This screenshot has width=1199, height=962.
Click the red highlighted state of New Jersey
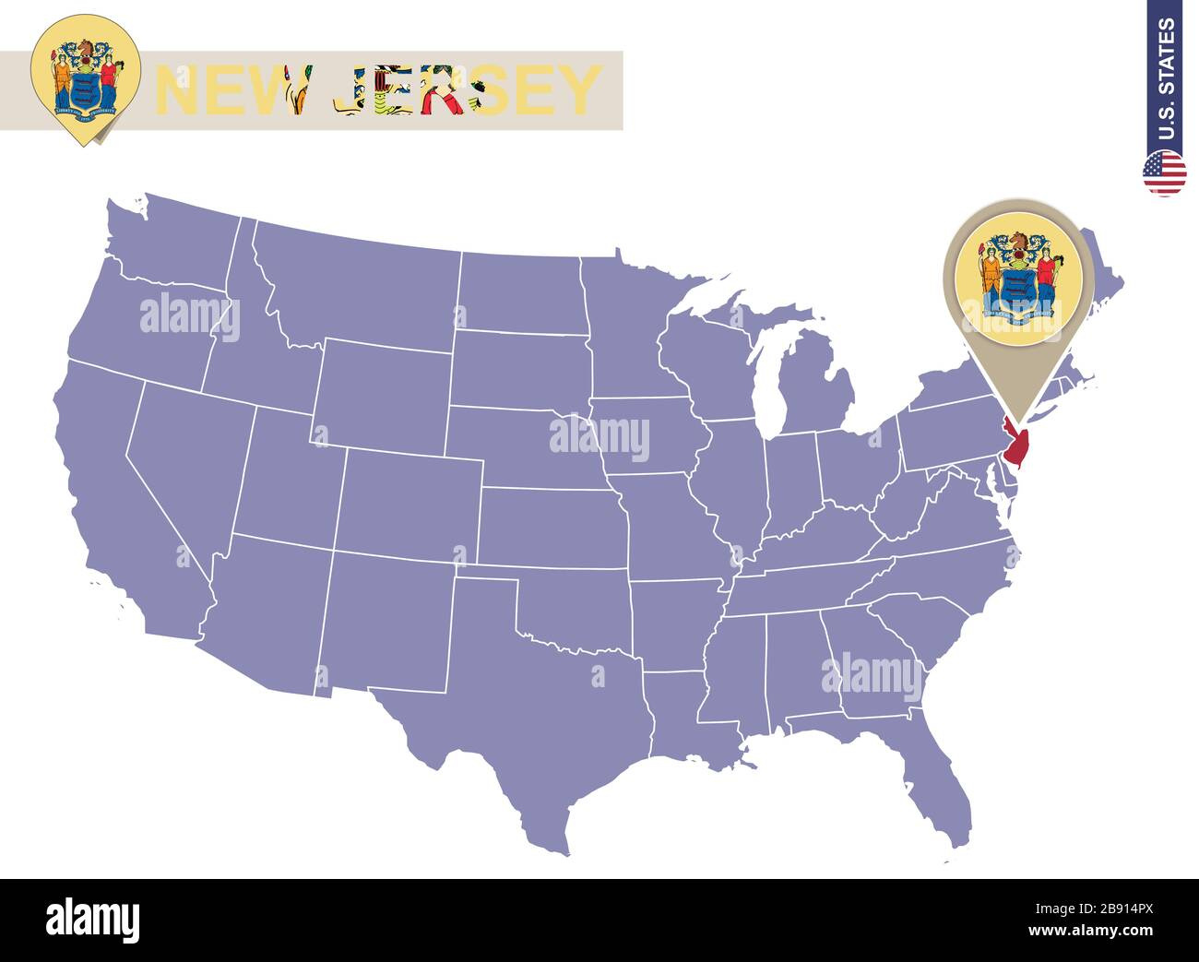1018,448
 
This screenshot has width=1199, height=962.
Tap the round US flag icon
1164,173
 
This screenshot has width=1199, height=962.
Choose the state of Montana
360,286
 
